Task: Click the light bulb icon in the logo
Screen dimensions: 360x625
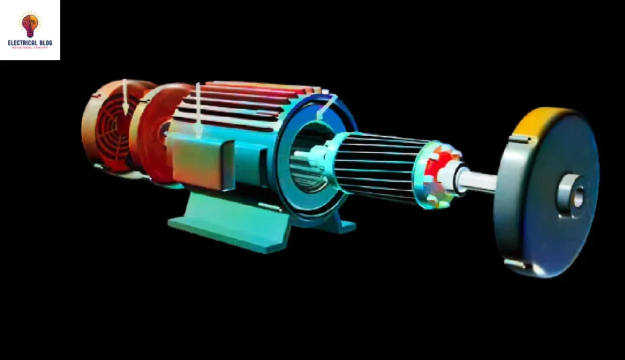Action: [30, 24]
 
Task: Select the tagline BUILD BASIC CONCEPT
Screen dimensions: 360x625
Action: [29, 48]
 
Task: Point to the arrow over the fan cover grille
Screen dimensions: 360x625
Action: [125, 96]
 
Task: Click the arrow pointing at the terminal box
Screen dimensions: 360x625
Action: [198, 110]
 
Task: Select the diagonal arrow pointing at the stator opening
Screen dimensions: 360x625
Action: [325, 107]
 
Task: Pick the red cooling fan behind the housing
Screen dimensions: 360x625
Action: [153, 131]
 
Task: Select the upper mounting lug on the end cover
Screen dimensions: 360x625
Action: [518, 140]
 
